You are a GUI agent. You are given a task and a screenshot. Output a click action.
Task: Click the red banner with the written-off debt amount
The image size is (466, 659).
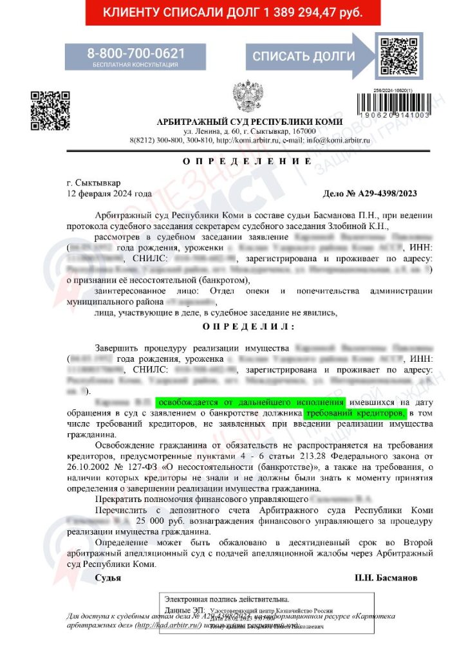232,12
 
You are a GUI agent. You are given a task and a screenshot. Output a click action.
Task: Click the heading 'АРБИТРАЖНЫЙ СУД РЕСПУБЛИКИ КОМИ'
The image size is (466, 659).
250,122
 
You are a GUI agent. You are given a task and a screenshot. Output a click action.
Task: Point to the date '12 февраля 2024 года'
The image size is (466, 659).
110,193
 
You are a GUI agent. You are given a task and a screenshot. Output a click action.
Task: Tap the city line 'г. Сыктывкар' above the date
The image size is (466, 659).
93,183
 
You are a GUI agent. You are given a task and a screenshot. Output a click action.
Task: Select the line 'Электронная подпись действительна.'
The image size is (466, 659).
227,599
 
